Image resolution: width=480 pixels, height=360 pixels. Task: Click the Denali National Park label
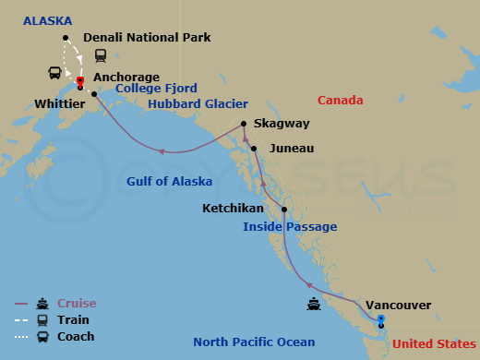pyautogui.click(x=147, y=38)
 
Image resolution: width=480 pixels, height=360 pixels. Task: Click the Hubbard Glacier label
pyautogui.click(x=192, y=104)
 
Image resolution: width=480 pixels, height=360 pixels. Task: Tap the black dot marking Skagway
pyautogui.click(x=243, y=124)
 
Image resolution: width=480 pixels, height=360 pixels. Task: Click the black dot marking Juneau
pyautogui.click(x=253, y=149)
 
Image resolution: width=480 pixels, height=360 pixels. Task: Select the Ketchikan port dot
pyautogui.click(x=283, y=210)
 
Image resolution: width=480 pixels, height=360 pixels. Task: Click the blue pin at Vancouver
pyautogui.click(x=381, y=320)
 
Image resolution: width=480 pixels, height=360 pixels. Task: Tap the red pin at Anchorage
pyautogui.click(x=80, y=82)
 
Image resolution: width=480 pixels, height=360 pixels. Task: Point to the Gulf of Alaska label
pyautogui.click(x=169, y=181)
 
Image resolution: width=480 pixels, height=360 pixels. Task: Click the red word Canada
pyautogui.click(x=340, y=100)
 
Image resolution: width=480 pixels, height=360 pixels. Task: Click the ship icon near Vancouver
pyautogui.click(x=316, y=303)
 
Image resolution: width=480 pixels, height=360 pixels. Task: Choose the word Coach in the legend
pyautogui.click(x=76, y=336)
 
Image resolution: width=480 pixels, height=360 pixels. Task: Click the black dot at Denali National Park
pyautogui.click(x=66, y=38)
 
